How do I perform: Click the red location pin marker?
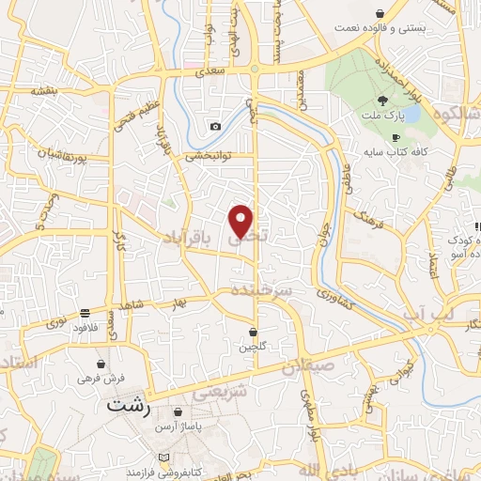point(241,221)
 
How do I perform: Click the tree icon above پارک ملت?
point(381,101)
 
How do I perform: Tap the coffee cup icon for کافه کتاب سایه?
point(396,137)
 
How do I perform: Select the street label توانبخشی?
point(208,155)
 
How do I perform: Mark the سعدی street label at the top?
point(208,70)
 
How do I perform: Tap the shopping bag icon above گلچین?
point(253,332)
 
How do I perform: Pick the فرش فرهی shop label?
point(101,377)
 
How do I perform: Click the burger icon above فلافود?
point(85,313)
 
